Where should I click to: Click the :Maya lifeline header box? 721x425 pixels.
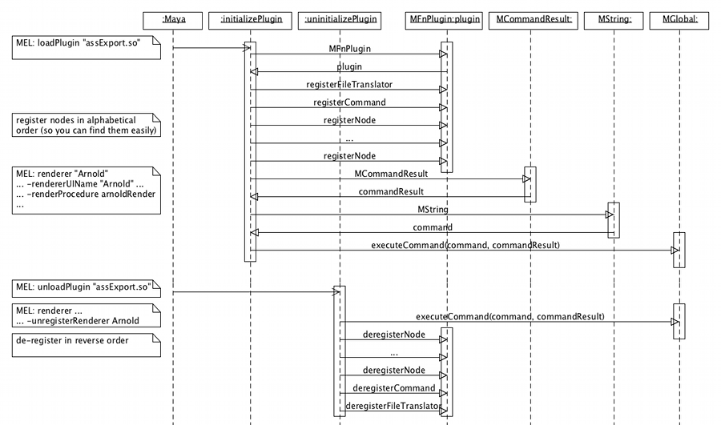173,18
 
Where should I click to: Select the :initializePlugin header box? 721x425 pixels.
250,18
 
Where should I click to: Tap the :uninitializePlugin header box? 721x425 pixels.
338,18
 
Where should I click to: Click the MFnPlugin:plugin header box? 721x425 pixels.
446,18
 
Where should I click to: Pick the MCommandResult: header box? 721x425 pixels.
530,18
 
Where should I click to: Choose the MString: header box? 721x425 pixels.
614,18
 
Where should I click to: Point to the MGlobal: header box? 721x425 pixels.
679,18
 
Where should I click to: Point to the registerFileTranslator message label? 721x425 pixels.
348,84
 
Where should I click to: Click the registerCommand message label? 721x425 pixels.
348,102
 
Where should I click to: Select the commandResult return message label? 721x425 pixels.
390,191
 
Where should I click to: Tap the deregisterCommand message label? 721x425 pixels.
393,388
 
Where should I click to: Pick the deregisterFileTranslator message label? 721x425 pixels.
393,407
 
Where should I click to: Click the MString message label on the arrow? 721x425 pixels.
433,209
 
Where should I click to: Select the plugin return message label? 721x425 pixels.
348,66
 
